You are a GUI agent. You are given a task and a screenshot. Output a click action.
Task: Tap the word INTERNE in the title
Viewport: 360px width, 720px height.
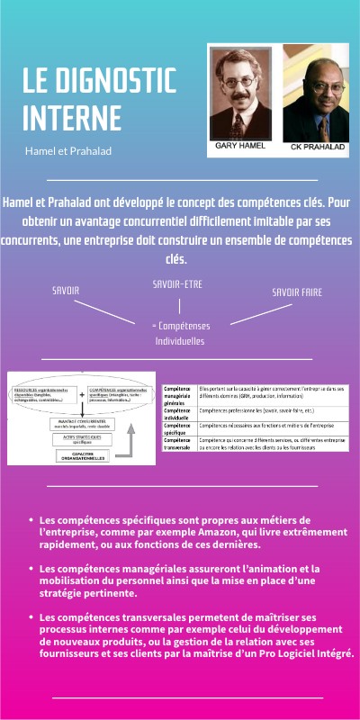pos(71,119)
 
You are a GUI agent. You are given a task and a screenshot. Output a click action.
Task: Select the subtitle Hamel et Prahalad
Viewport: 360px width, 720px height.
pos(68,151)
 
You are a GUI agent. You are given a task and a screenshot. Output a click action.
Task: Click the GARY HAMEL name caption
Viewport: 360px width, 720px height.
pos(240,145)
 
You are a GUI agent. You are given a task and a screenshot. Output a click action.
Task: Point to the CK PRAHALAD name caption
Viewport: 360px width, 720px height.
pos(315,146)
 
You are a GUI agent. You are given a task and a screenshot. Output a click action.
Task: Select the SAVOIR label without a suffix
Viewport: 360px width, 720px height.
pos(66,291)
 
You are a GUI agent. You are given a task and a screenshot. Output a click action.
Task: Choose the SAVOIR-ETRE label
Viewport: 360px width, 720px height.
pos(179,283)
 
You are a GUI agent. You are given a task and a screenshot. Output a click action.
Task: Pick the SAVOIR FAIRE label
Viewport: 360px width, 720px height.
pos(296,292)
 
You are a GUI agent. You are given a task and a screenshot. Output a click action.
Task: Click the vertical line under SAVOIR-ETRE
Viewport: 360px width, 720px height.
pos(179,306)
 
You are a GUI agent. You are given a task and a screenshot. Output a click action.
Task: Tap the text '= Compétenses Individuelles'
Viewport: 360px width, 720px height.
pos(180,333)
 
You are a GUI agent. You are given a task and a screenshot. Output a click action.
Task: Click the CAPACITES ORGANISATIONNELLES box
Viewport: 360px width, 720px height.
pos(82,454)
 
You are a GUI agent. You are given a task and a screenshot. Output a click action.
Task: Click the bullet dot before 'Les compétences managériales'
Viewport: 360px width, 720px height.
pos(31,569)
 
